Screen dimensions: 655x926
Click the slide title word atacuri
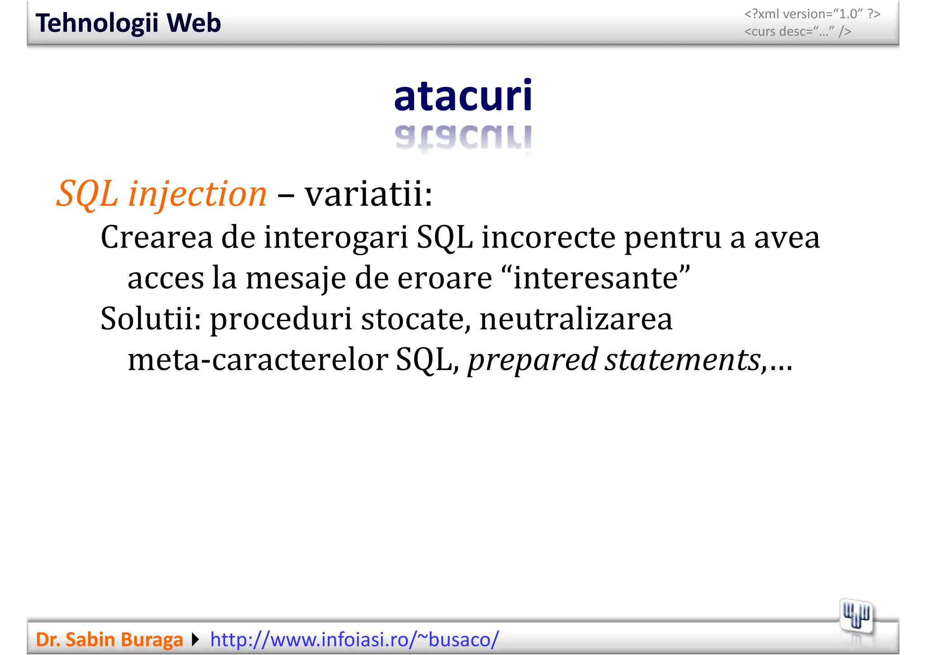pos(463,96)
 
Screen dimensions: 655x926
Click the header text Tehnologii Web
pos(128,23)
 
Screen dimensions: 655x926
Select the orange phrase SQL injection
pos(161,194)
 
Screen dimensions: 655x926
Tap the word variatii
pos(368,194)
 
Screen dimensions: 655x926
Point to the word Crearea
pos(156,237)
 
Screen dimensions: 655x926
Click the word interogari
pos(336,238)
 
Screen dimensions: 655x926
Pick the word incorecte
pos(548,237)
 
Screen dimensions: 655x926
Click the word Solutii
pos(151,318)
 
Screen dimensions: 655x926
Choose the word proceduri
pos(281,319)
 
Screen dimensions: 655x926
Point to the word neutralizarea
pos(576,318)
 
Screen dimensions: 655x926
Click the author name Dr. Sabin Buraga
pos(109,640)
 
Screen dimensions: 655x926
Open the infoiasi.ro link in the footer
pos(354,640)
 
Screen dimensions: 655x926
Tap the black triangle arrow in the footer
pos(195,640)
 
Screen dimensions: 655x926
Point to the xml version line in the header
pos(812,14)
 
